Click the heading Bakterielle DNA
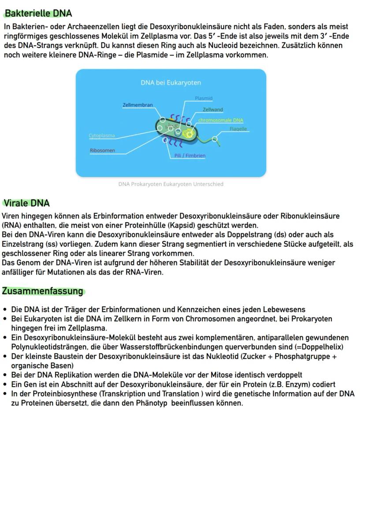coord(38,14)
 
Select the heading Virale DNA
coord(27,203)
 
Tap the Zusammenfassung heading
coord(43,291)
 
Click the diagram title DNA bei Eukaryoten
coord(171,83)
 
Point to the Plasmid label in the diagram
coord(204,98)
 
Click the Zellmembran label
coord(138,105)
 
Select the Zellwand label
coord(212,109)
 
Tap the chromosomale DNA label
coord(220,120)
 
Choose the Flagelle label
coord(238,129)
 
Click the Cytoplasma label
coord(102,136)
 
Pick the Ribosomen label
coord(102,151)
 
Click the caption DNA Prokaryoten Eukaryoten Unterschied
coord(171,184)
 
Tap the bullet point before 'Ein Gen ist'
coord(5,385)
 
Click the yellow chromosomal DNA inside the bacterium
coord(189,132)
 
